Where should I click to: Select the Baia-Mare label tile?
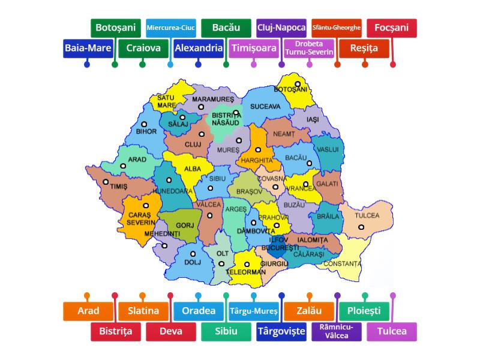click(x=87, y=49)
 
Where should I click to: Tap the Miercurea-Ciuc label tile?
click(x=171, y=28)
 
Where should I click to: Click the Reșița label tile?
click(x=364, y=49)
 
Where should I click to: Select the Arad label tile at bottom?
click(x=88, y=311)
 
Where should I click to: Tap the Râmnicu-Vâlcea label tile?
click(x=337, y=331)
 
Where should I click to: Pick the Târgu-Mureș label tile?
click(x=254, y=311)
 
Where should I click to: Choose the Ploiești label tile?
click(x=364, y=311)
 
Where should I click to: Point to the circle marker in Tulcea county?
click(x=361, y=227)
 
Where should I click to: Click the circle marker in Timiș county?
click(x=106, y=182)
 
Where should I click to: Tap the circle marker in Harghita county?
click(x=258, y=150)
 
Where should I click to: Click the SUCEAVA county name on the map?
click(x=265, y=106)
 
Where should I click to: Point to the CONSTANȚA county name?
click(x=343, y=263)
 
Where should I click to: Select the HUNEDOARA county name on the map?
click(x=172, y=191)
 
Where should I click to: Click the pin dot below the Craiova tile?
click(x=143, y=64)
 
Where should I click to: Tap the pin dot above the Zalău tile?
click(x=309, y=296)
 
